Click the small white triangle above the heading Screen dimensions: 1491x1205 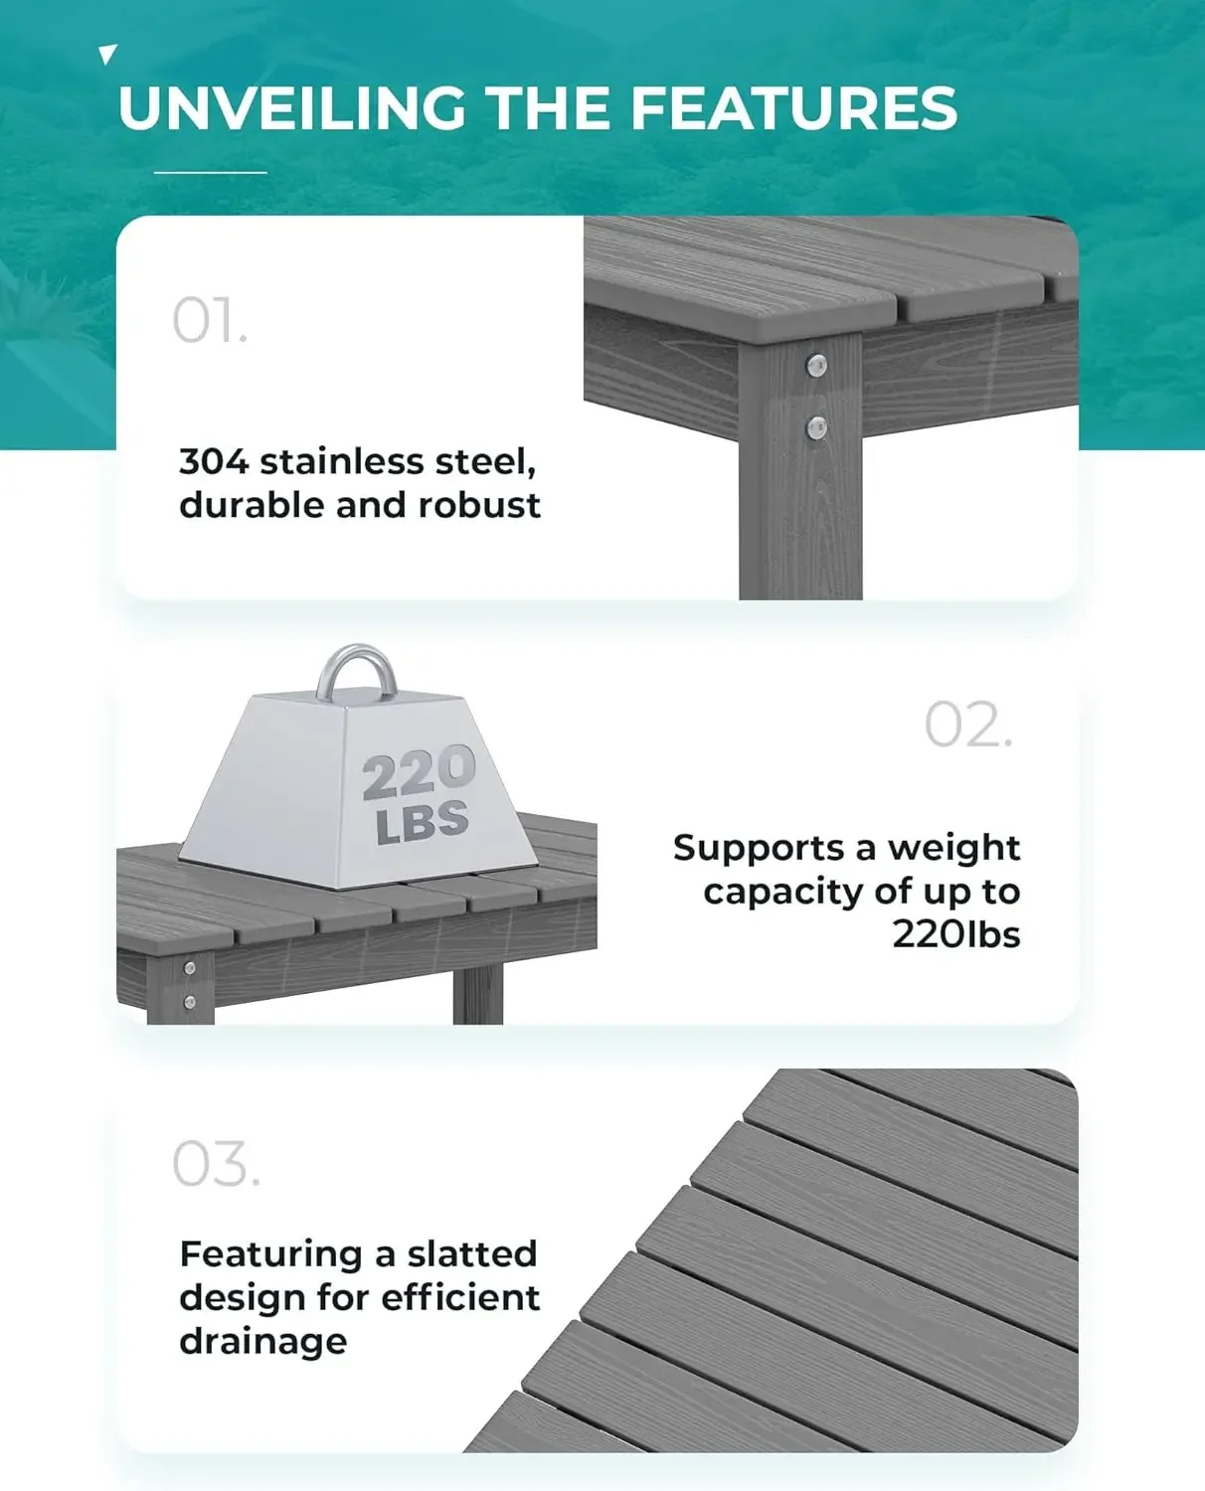108,55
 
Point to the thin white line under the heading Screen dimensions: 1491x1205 211,172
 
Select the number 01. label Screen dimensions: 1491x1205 210,321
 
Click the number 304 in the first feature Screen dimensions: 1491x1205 213,462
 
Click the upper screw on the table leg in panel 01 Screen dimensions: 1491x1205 816,366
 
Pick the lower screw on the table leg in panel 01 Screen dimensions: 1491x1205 816,428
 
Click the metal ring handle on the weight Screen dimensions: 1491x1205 357,671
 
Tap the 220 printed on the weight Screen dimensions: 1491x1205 419,773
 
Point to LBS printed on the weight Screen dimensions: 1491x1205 423,822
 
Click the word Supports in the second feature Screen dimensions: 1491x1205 759,848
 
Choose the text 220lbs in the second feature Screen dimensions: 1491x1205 955,934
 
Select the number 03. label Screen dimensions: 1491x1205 216,1164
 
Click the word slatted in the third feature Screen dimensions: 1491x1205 472,1254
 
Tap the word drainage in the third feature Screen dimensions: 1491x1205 263,1342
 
